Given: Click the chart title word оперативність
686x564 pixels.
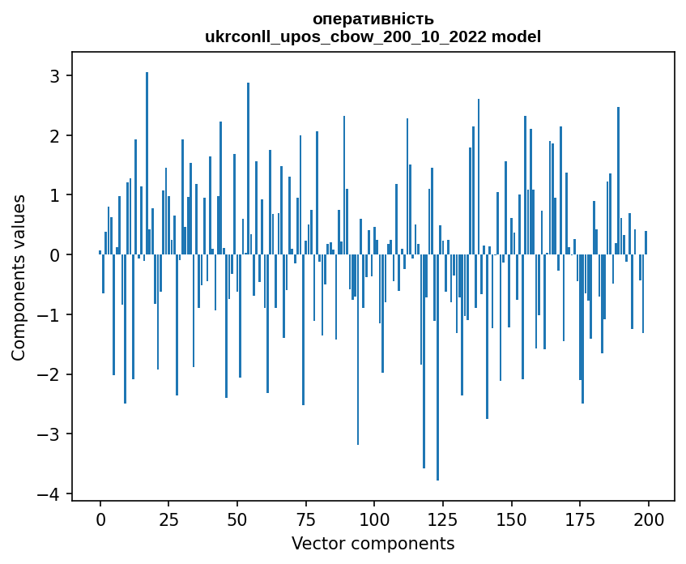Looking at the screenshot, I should click(373, 19).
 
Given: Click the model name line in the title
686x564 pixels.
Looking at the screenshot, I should click(373, 36).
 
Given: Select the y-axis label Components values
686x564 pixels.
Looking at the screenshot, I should click(18, 277).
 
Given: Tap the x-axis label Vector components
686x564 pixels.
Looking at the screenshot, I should click(373, 543).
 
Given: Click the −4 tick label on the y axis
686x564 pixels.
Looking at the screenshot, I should click(53, 493).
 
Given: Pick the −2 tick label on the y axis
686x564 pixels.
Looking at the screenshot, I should click(53, 374).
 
